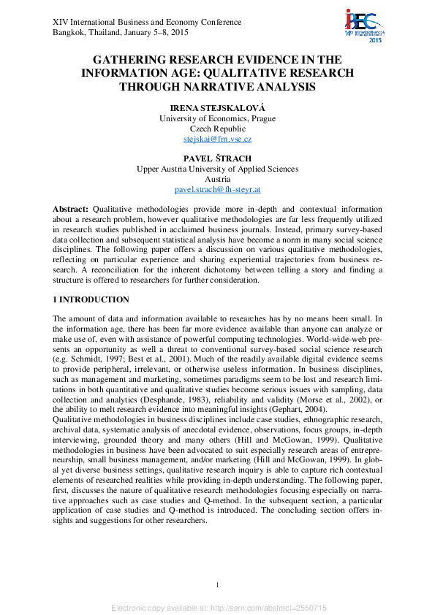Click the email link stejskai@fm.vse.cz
tap(217, 139)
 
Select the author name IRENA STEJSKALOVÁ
tap(217, 107)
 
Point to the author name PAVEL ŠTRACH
tap(217, 158)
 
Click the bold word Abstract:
tap(70, 209)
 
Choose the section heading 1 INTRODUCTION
tap(91, 300)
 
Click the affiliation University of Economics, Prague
tap(217, 118)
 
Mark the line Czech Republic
tap(217, 129)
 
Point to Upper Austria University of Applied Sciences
tap(217, 169)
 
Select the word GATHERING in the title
tap(132, 60)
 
